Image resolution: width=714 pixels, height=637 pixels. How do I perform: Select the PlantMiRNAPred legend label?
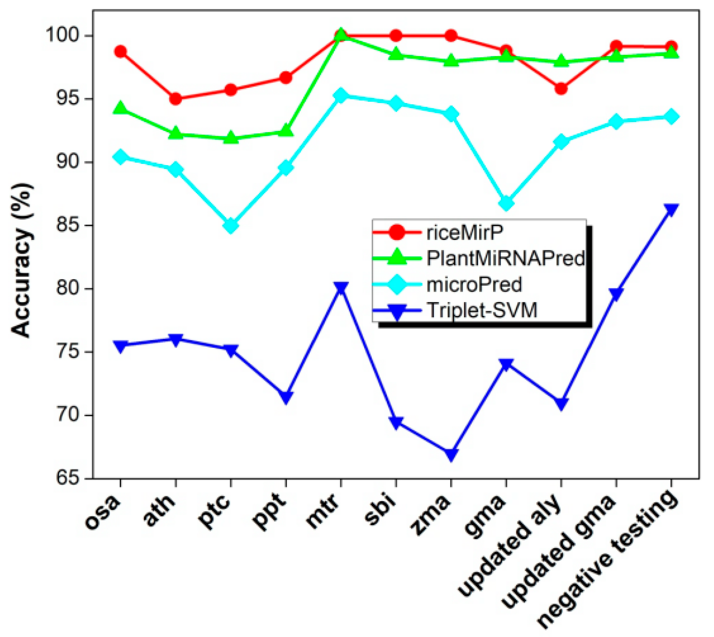505,258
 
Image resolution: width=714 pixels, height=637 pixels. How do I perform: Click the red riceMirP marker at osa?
121,52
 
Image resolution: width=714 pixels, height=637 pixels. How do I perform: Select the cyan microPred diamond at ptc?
231,225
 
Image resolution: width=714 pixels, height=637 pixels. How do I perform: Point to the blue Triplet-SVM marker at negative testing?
671,209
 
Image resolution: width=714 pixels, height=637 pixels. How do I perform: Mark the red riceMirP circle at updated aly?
561,88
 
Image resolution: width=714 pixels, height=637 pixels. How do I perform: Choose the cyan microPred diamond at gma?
506,203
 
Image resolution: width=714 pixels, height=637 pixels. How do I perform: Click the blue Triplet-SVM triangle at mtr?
341,288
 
